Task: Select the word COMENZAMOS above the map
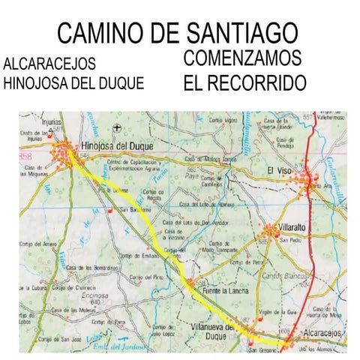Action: point(242,58)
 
